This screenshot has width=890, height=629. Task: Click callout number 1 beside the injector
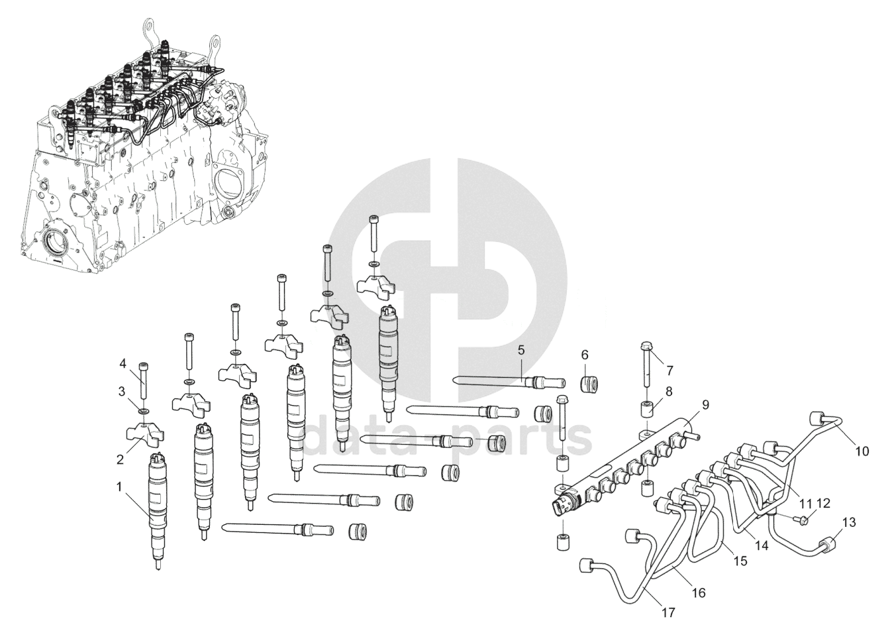[x=119, y=486]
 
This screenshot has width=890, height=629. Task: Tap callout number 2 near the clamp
[x=120, y=460]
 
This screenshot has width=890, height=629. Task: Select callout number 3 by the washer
[x=122, y=392]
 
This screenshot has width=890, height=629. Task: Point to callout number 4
[x=123, y=363]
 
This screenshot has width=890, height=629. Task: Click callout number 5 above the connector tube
[x=521, y=350]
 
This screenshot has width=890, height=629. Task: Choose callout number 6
[x=585, y=355]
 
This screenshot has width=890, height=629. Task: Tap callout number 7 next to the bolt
[x=669, y=371]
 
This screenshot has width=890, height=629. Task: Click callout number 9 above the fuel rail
[x=705, y=405]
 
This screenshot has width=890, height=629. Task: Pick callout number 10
[x=862, y=451]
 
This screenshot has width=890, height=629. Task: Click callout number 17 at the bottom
[x=669, y=613]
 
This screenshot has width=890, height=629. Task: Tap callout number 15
[x=740, y=561]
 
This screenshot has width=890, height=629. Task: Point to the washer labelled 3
[x=144, y=410]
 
